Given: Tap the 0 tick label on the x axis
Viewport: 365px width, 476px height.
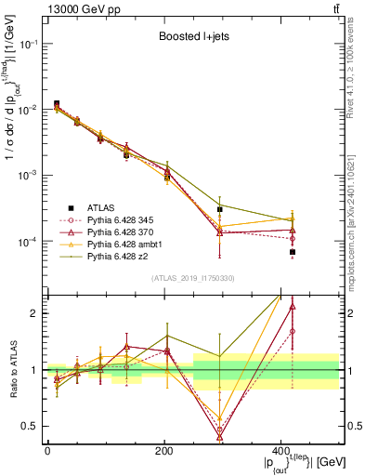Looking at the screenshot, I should [47, 451].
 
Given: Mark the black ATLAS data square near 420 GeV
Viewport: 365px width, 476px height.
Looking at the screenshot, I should [292, 252].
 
